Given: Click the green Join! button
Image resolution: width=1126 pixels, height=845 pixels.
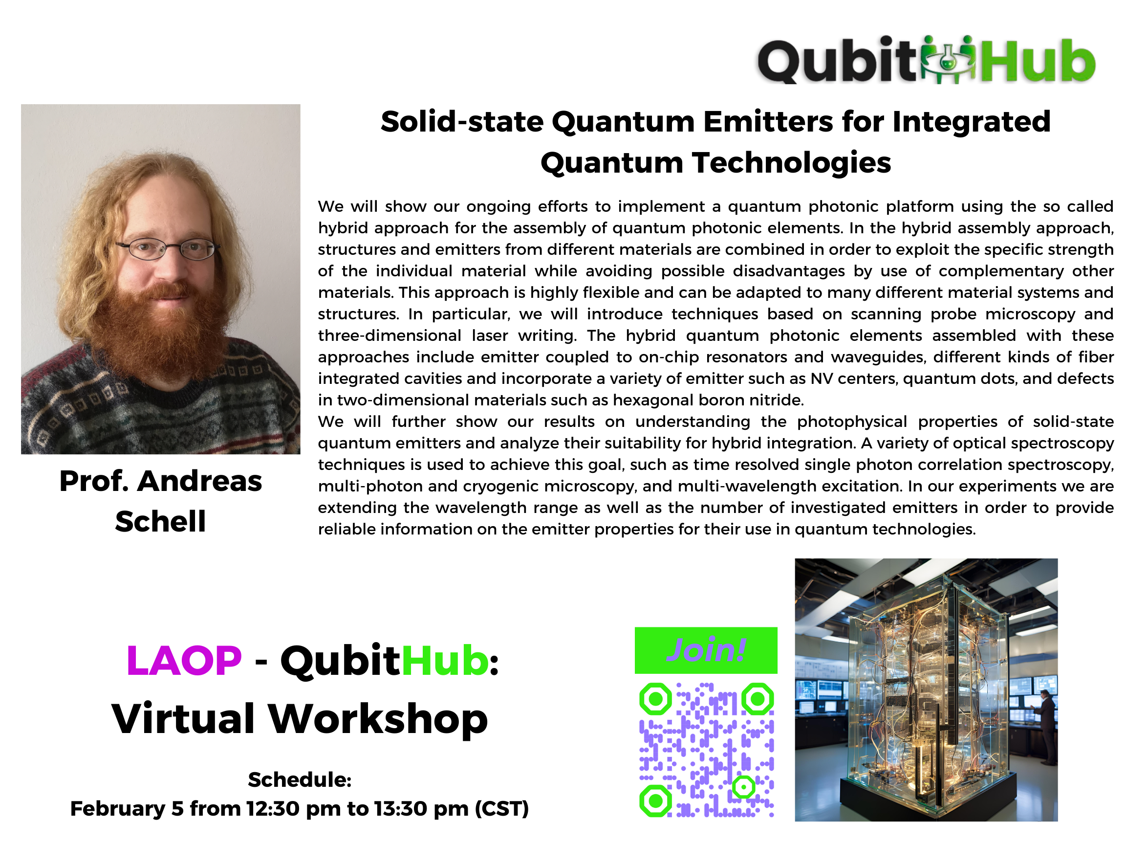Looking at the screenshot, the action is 706,650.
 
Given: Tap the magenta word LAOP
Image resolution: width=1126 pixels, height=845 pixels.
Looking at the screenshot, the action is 184,661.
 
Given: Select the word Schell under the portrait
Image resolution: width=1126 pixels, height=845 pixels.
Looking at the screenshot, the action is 160,521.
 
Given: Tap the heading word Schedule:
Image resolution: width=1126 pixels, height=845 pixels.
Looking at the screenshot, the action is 300,780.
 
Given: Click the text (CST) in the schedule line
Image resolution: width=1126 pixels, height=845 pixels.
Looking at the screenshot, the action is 502,809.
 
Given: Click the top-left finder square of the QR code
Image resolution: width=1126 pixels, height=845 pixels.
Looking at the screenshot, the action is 656,699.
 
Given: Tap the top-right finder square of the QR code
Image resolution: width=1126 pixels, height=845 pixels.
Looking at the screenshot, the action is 758,699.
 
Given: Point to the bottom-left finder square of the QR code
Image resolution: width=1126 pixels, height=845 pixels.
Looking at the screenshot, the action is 656,801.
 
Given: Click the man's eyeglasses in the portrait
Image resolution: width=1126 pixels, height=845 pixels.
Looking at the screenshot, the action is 168,248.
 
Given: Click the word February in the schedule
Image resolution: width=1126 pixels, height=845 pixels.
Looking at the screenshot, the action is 118,809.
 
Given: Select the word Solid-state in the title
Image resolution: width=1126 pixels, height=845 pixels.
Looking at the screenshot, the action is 462,122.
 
